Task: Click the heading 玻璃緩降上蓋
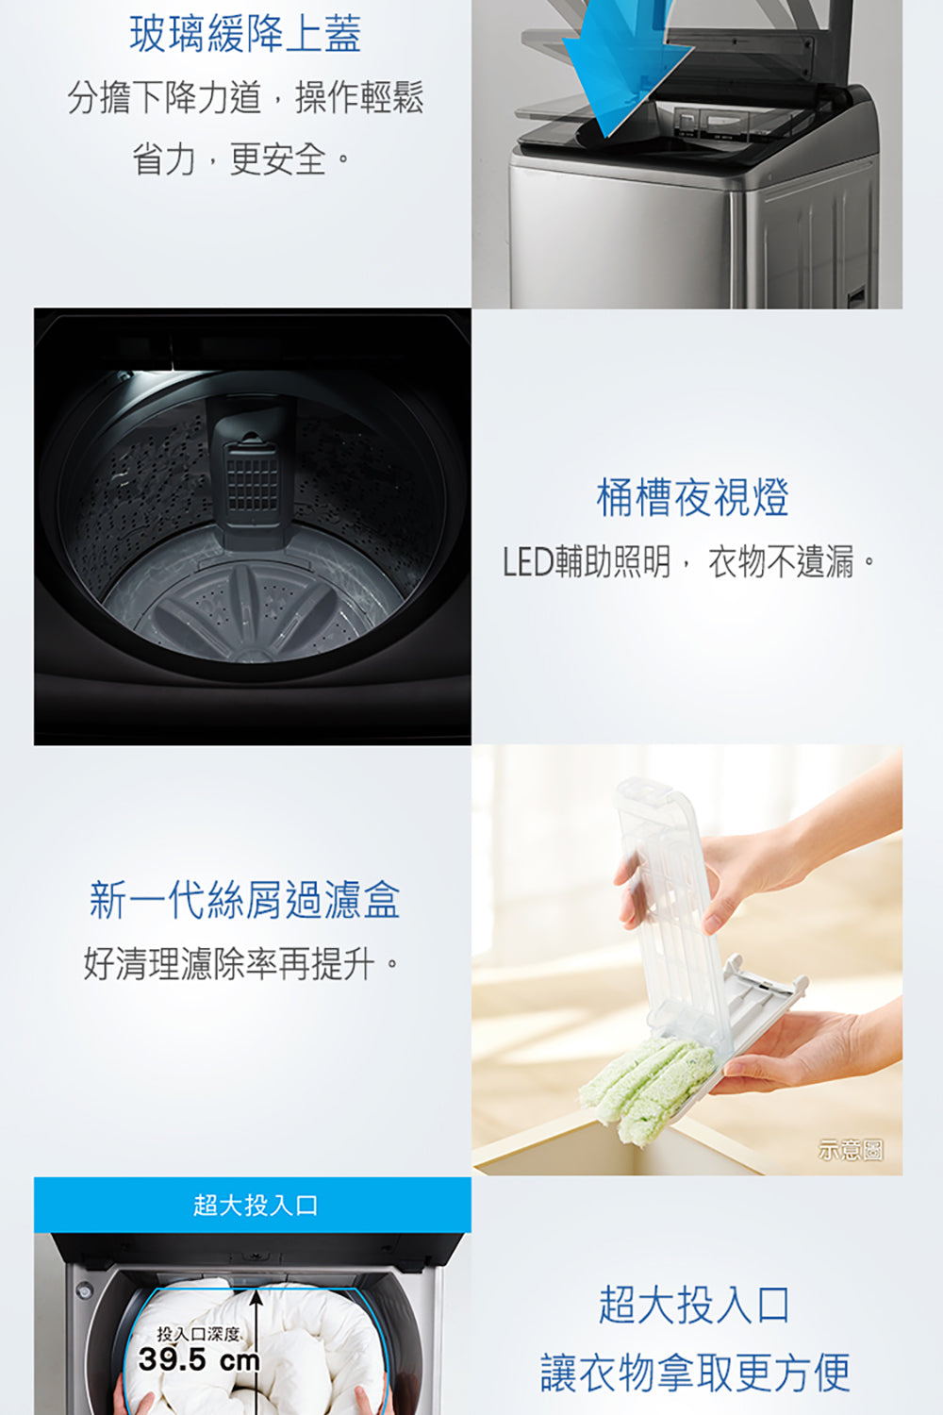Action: click(x=245, y=34)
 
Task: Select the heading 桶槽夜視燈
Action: click(x=692, y=497)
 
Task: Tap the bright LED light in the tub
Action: click(x=148, y=376)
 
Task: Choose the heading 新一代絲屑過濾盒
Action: click(x=244, y=900)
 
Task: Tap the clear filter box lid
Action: click(x=670, y=904)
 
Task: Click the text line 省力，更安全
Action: click(x=240, y=158)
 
